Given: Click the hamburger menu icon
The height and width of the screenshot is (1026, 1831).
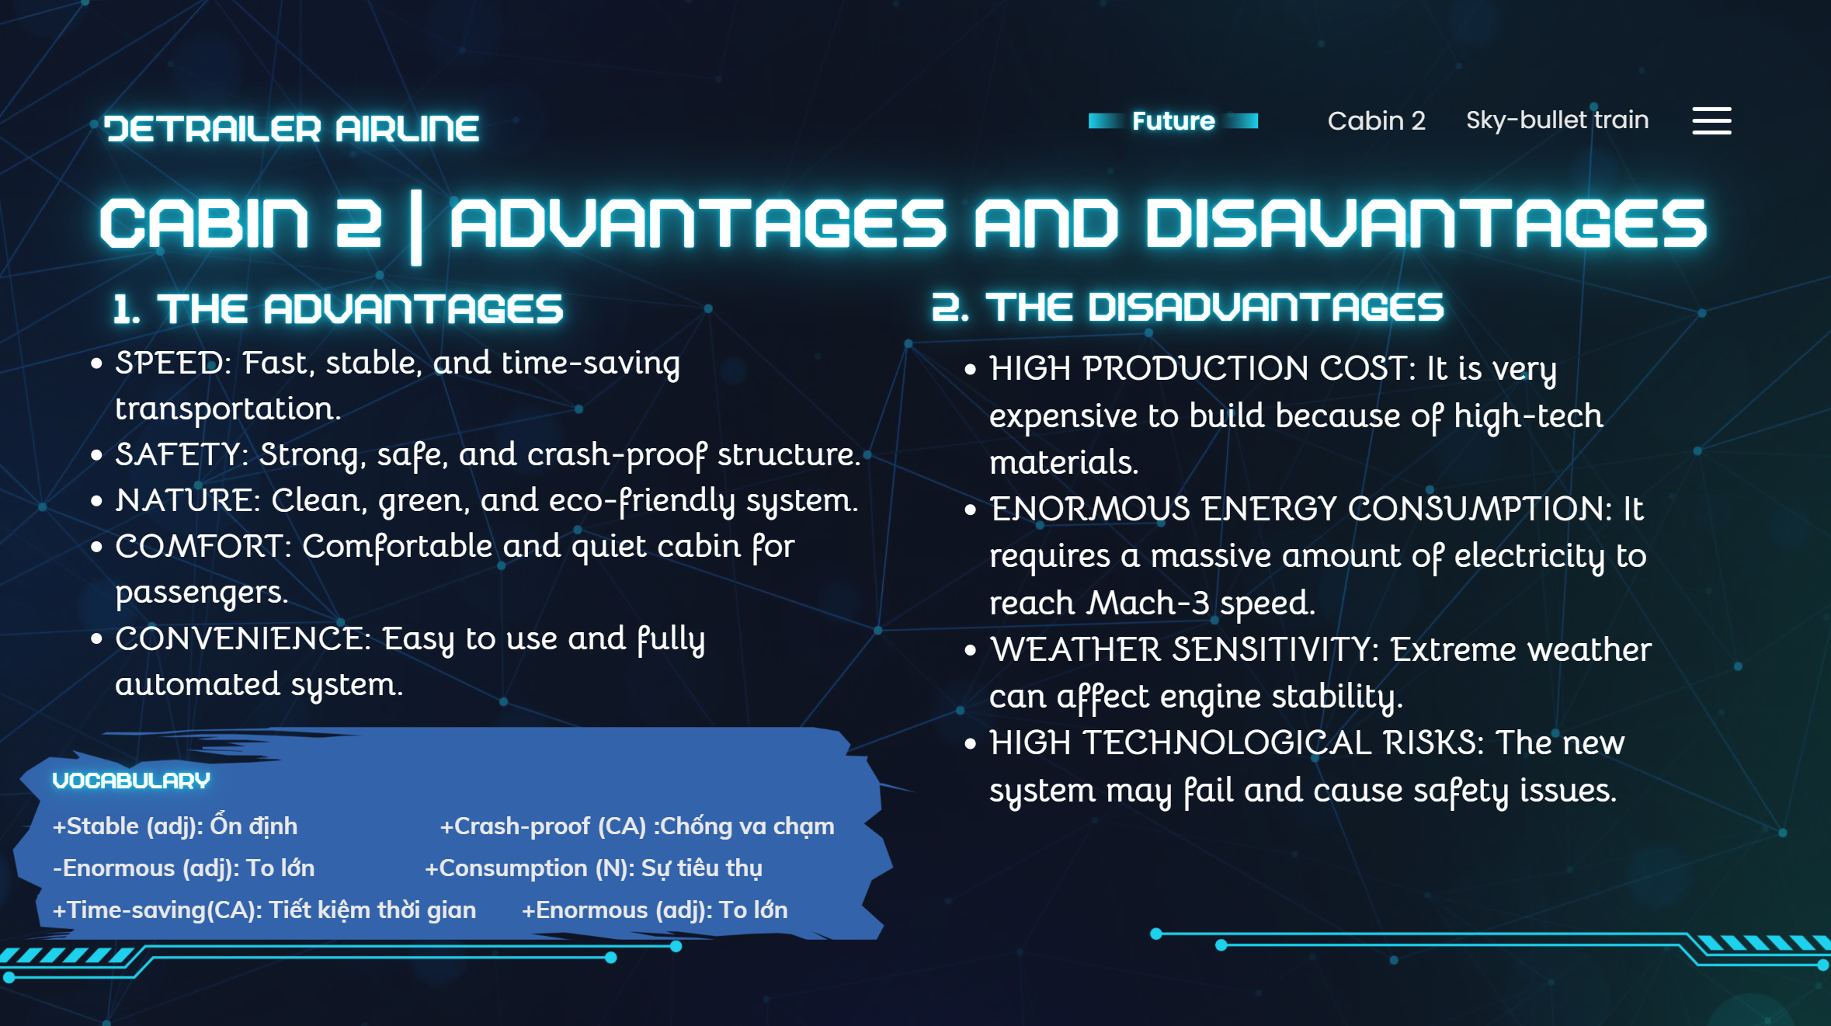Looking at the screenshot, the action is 1711,121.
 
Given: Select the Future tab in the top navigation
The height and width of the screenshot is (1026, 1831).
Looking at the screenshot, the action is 1173,121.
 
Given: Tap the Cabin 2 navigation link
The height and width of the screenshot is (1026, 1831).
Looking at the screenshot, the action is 1376,121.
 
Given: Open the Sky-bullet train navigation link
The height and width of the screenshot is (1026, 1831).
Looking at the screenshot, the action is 1557,120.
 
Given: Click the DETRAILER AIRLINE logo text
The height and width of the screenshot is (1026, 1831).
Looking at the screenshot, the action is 291,129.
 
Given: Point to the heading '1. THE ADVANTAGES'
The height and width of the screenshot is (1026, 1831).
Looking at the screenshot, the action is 338,309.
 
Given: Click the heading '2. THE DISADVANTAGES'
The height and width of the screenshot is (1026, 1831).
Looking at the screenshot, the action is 1187,308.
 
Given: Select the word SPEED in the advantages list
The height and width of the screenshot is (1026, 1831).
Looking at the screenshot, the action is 169,363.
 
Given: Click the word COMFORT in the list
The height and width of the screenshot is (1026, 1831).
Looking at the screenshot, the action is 199,546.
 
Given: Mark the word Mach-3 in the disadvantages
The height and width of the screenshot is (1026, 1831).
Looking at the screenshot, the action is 1148,603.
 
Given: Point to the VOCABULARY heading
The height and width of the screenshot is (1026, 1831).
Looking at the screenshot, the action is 131,781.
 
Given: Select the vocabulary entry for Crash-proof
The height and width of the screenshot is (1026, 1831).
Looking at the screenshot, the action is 638,826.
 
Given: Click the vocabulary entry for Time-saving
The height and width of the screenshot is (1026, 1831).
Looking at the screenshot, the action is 264,910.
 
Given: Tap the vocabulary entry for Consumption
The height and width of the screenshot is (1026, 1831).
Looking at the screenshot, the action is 593,868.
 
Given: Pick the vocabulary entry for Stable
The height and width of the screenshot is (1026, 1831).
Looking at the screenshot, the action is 175,826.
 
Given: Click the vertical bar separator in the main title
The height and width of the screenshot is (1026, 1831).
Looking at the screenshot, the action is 416,227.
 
